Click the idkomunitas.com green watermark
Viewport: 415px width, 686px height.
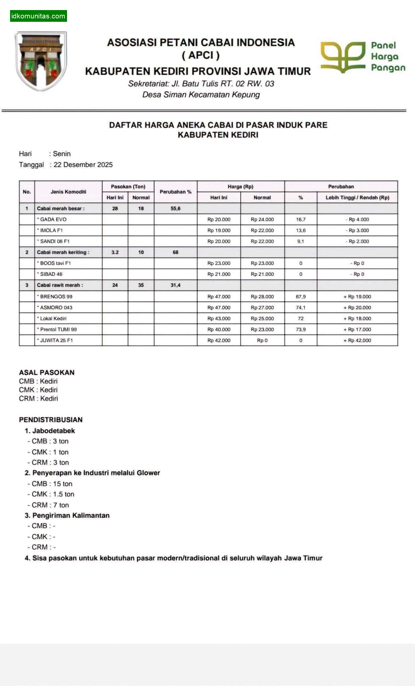click(x=38, y=16)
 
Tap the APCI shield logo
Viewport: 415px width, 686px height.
click(x=41, y=61)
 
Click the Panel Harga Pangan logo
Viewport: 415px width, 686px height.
click(x=363, y=57)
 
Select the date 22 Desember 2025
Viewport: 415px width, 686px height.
click(x=83, y=164)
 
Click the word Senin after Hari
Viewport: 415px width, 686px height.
click(x=62, y=154)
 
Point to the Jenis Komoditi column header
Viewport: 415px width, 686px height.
click(x=68, y=192)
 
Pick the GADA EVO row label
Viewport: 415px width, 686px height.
click(x=53, y=219)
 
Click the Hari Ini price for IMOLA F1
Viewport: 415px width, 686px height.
click(x=219, y=230)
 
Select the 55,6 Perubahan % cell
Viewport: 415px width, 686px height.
click(x=175, y=208)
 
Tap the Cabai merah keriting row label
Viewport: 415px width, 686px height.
click(x=63, y=252)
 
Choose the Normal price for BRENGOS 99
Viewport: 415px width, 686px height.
click(x=262, y=296)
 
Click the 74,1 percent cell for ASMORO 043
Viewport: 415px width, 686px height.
click(x=300, y=307)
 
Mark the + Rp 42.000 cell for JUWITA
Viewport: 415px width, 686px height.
click(x=357, y=340)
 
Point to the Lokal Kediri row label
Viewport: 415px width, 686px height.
click(x=53, y=318)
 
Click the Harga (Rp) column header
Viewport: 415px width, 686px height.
click(x=240, y=187)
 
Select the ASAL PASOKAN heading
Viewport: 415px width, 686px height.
click(x=47, y=372)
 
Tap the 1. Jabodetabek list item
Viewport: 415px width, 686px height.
click(x=50, y=430)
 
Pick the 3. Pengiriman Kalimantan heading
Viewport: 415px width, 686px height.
click(x=67, y=515)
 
